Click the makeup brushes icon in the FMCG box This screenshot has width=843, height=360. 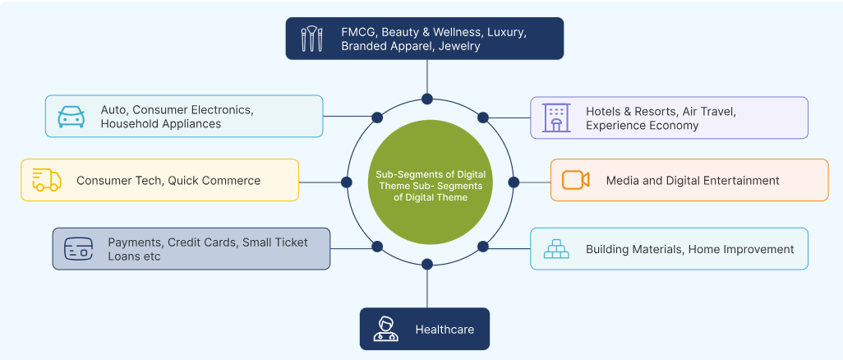coord(311,39)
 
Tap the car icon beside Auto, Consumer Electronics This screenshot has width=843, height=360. coord(71,117)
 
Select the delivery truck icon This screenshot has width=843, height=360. coord(46,180)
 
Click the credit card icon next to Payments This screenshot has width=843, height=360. coord(78,249)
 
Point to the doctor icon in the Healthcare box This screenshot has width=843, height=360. coord(385,329)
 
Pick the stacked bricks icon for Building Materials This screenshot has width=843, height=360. coord(555,249)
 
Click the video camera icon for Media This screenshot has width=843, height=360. coord(575,180)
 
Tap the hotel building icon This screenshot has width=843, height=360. coord(555,118)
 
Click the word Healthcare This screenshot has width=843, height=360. coord(445,330)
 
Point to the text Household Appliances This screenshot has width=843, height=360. coord(161,124)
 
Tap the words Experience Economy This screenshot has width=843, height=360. coord(642,126)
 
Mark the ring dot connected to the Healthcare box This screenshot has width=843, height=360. coord(427,264)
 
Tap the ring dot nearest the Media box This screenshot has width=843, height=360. coord(514,181)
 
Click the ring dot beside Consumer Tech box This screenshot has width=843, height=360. coord(344,181)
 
